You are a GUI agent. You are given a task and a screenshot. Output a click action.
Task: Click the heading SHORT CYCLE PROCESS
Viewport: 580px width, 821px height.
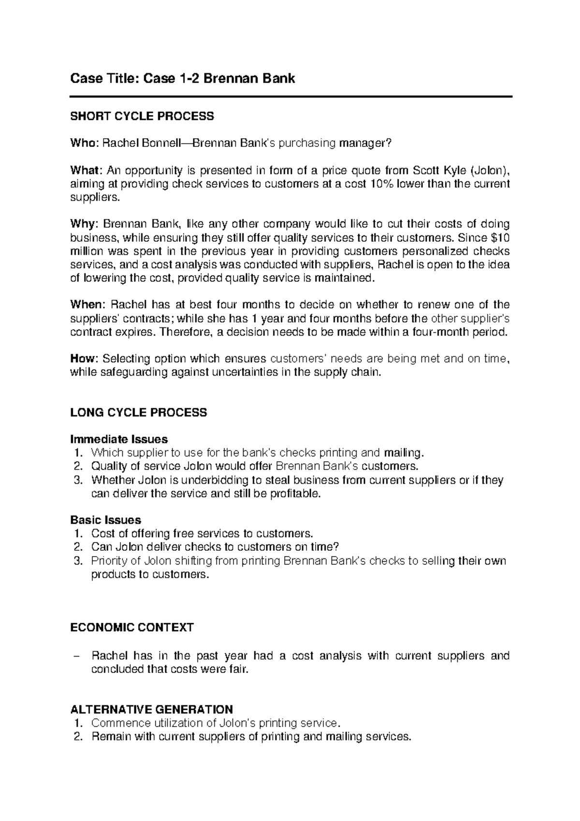coord(142,116)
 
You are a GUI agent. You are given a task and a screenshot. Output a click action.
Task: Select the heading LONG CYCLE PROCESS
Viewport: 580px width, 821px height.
coord(139,412)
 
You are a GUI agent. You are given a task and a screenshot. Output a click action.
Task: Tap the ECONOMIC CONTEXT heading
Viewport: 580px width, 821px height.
coord(132,628)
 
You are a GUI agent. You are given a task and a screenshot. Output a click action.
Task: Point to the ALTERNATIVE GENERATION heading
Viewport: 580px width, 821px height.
coord(151,709)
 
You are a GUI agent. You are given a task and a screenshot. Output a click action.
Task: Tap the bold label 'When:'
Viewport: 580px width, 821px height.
coord(87,305)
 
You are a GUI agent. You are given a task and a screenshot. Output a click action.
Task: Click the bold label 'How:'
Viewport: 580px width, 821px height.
coord(85,359)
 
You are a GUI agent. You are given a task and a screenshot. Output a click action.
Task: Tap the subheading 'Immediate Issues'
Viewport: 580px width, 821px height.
coord(119,440)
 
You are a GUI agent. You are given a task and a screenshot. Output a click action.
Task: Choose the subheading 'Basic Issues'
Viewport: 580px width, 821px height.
coord(105,520)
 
